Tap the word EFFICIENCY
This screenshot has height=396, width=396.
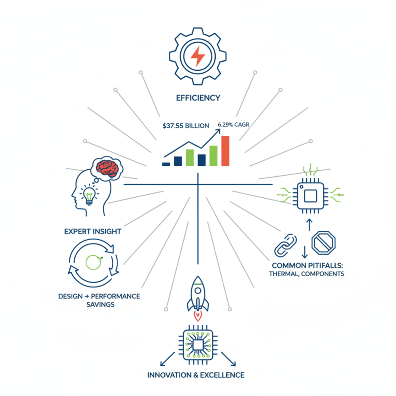[x=198, y=98]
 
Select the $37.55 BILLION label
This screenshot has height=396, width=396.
[x=186, y=126]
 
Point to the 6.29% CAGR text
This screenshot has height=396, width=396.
[x=233, y=125]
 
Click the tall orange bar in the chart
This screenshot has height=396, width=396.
[x=225, y=150]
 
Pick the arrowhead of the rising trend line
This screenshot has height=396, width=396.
[x=218, y=131]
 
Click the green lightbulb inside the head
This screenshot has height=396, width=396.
[x=90, y=195]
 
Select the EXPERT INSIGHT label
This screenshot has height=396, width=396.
[x=93, y=231]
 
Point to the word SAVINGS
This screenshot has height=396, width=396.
[x=99, y=304]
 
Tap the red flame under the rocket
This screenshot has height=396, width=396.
[x=198, y=314]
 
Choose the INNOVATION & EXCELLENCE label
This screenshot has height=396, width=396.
[x=196, y=375]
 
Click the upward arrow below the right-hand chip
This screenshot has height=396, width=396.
[x=309, y=224]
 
